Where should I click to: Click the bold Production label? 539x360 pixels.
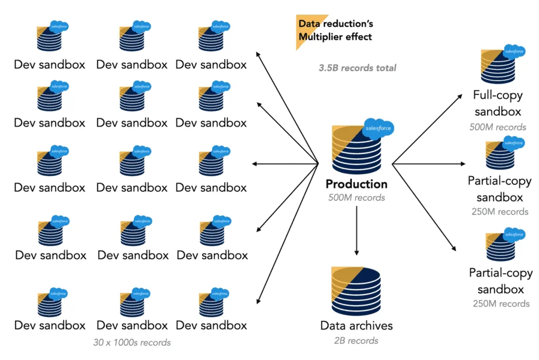[x=356, y=184]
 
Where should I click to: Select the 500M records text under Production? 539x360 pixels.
[x=356, y=198]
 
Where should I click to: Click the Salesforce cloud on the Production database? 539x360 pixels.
[x=378, y=127]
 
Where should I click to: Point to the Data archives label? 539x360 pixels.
[x=356, y=326]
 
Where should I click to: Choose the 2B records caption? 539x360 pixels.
[x=356, y=341]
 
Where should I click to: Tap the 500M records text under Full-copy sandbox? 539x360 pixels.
[x=498, y=127]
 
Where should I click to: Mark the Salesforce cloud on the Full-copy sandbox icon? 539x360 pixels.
[x=514, y=51]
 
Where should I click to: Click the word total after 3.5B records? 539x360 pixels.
[x=386, y=68]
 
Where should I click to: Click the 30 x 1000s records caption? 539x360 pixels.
[x=132, y=342]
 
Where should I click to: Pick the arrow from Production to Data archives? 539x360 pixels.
[x=356, y=231]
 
